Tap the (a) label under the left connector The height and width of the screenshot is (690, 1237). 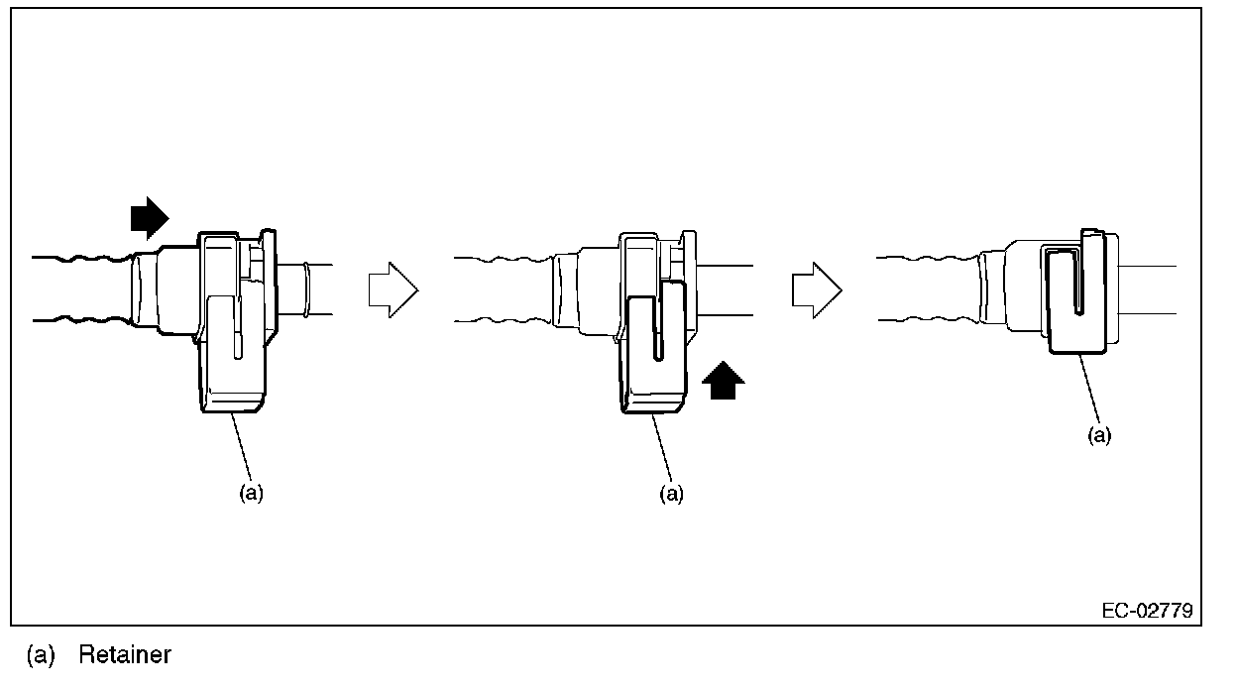tap(251, 494)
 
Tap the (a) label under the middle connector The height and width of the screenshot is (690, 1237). tap(672, 494)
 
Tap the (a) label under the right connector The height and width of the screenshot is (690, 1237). tap(1098, 436)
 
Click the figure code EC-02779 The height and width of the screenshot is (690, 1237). tap(1146, 610)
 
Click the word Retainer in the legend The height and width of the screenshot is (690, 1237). tap(125, 655)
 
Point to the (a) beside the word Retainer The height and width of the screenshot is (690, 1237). tap(41, 655)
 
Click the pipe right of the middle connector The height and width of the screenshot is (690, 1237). tap(729, 290)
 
